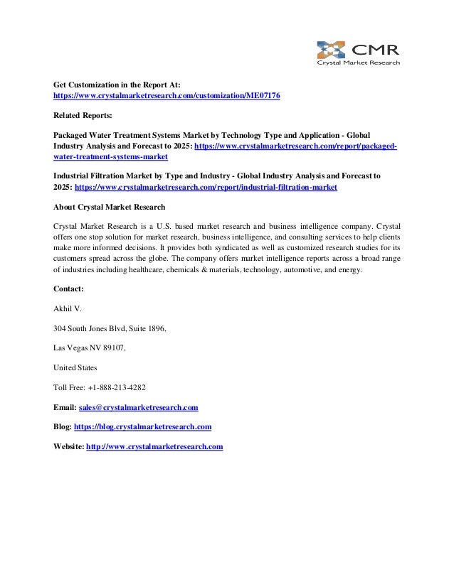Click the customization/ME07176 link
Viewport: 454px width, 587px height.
pyautogui.click(x=167, y=95)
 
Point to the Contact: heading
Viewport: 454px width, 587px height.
pyautogui.click(x=69, y=289)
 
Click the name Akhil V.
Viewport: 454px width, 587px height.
pyautogui.click(x=70, y=309)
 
